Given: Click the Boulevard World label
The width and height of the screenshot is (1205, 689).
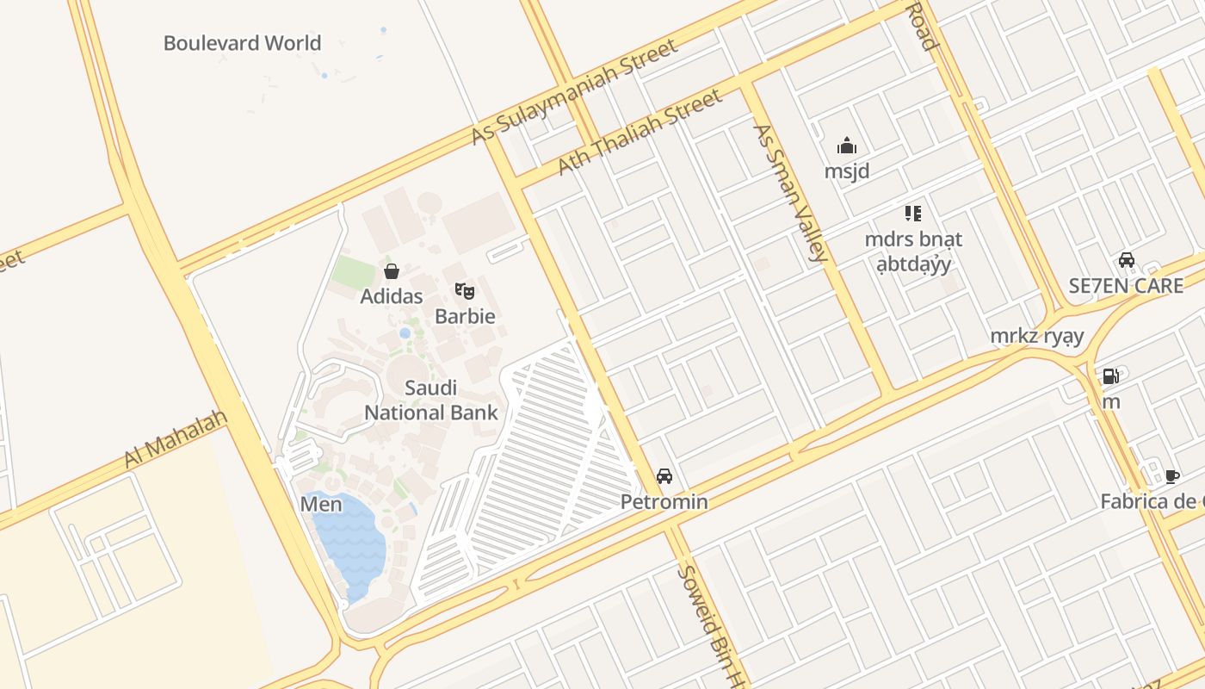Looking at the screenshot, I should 242,43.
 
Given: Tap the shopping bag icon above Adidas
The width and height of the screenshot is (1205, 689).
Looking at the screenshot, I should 392,272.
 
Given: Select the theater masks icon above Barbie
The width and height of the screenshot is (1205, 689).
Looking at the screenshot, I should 465,291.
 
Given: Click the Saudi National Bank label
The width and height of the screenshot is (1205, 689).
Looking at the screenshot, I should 431,400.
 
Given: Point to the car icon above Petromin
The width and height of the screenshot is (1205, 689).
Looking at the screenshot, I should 664,476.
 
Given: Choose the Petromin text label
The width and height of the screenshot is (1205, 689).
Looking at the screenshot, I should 664,502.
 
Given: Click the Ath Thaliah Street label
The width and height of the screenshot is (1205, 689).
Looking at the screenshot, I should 640,132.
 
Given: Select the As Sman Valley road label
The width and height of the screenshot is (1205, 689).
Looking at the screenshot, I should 790,192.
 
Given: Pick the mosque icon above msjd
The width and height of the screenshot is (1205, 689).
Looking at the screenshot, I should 847,146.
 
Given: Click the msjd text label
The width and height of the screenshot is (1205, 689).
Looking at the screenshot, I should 847,171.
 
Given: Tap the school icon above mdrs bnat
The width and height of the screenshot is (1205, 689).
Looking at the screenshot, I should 913,213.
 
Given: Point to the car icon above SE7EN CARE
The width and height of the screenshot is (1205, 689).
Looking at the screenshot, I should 1126,260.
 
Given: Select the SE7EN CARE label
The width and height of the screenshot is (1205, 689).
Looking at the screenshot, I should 1126,286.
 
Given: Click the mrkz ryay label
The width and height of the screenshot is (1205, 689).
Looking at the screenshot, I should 1036,336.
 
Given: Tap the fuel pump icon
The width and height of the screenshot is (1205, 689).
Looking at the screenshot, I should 1111,376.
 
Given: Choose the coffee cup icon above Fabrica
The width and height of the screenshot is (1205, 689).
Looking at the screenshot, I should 1171,476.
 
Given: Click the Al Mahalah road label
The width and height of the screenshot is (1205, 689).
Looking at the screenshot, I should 176,439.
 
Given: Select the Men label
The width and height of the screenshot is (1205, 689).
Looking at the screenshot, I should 321,505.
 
